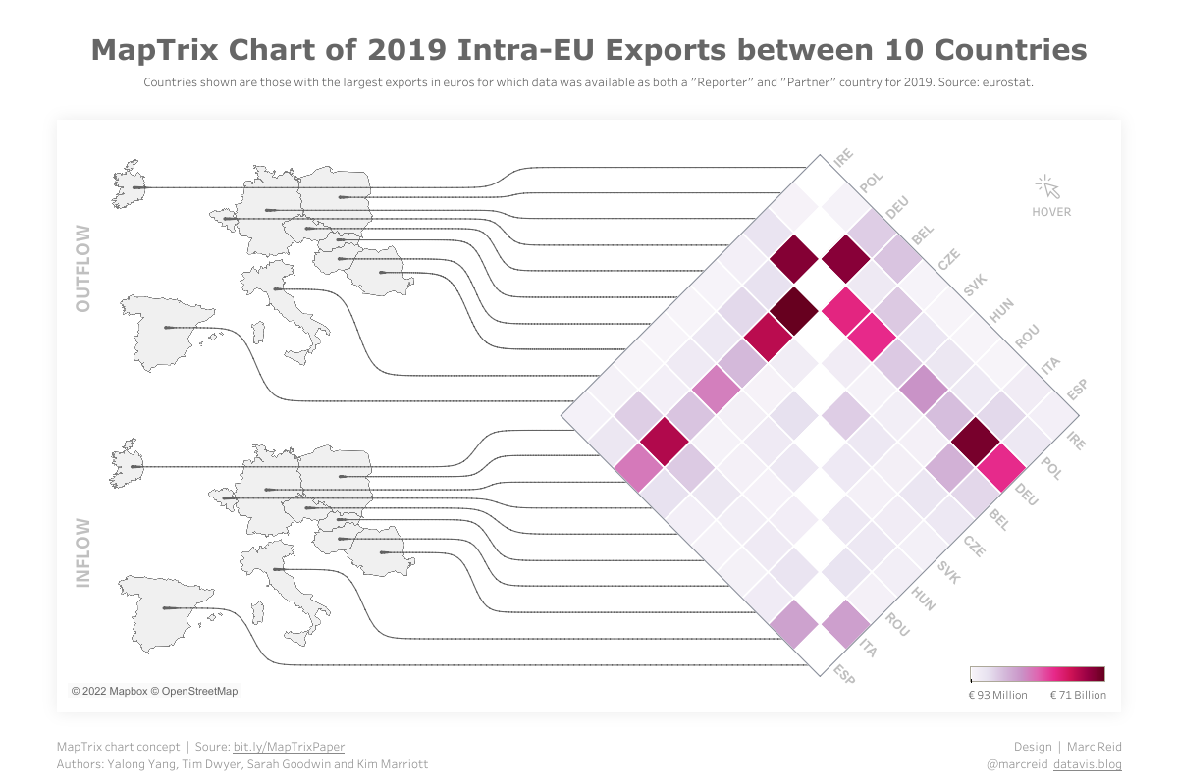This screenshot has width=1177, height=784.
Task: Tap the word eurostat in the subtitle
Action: click(x=1006, y=83)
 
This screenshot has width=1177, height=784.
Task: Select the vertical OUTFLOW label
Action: click(x=82, y=269)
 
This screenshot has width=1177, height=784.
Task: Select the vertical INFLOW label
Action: click(x=82, y=553)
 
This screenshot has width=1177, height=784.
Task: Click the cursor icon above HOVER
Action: click(x=1046, y=186)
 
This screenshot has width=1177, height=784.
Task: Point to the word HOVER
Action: click(x=1051, y=212)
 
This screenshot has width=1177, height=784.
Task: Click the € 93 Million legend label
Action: click(x=997, y=695)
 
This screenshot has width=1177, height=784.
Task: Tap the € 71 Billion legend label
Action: click(x=1078, y=695)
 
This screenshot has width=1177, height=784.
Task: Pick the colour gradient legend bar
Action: click(x=1037, y=674)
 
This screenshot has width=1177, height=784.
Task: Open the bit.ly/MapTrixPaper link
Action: click(x=289, y=747)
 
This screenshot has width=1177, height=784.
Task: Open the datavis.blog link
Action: click(x=1087, y=763)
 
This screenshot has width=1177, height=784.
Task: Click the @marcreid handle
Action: click(x=1016, y=763)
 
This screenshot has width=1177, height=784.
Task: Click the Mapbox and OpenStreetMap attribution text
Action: click(x=154, y=691)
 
